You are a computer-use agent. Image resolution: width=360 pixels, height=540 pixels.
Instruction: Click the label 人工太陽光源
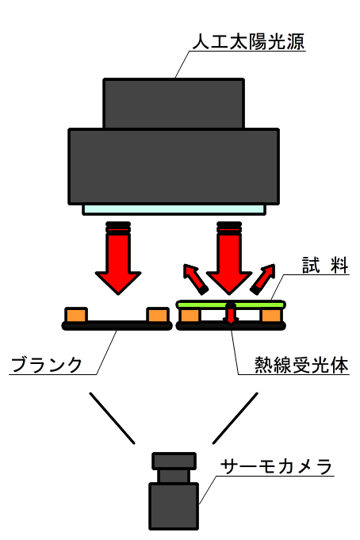tap(248, 42)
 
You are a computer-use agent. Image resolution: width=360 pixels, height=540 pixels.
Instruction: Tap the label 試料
tap(325, 265)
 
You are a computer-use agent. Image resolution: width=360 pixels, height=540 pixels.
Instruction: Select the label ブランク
tap(47, 365)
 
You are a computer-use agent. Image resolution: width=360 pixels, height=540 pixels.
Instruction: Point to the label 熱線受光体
tap(301, 365)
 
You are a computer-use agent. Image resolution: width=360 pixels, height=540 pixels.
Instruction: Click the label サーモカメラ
tap(276, 466)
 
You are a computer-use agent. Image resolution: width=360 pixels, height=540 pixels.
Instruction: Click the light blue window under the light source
tap(174, 209)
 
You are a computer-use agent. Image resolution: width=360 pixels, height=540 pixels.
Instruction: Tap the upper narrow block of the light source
tap(174, 103)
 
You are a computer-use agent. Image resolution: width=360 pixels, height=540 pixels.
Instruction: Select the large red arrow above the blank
tap(118, 258)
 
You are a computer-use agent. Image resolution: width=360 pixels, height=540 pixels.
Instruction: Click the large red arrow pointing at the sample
tap(229, 258)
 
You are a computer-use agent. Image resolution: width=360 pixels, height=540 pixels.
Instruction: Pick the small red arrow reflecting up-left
tap(195, 278)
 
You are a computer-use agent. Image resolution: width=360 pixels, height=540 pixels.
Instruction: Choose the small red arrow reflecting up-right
tap(262, 278)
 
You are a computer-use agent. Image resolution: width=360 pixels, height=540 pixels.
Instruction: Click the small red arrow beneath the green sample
tap(231, 313)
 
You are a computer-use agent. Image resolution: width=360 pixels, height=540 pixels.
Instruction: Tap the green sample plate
tap(231, 304)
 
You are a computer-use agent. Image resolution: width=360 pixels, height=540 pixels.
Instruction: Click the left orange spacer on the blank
tap(76, 315)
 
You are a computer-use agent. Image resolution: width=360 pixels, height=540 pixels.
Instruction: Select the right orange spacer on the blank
tap(158, 315)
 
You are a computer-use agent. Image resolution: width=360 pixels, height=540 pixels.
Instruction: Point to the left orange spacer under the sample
tap(190, 316)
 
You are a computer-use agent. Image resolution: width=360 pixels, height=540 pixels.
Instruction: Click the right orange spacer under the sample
tap(271, 316)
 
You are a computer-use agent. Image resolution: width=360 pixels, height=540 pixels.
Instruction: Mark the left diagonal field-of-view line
tap(113, 418)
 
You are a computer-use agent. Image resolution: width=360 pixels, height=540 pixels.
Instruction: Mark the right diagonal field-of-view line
tap(236, 418)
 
